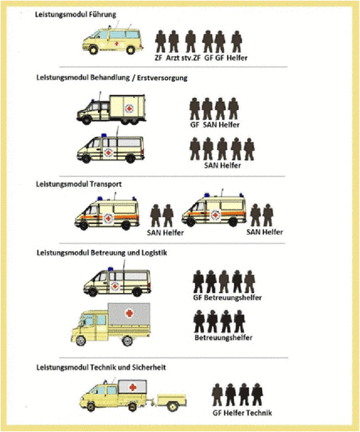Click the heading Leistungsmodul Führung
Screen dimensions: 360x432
point(76,14)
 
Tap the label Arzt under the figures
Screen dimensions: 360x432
point(172,58)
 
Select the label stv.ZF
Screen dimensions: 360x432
point(191,58)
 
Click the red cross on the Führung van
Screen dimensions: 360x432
point(117,43)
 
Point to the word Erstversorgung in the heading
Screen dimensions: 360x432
point(162,78)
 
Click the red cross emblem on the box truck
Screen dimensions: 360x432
point(129,108)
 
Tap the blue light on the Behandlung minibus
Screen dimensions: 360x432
point(104,135)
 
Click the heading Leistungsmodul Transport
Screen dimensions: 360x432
point(78,184)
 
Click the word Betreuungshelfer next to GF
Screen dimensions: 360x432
point(233,297)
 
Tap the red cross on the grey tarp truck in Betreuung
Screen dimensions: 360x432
point(129,313)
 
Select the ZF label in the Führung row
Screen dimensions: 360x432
point(158,58)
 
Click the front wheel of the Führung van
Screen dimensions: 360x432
point(93,50)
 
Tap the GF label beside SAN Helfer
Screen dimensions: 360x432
point(194,125)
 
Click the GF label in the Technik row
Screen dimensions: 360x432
point(217,413)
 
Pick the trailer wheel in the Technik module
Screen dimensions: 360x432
point(172,406)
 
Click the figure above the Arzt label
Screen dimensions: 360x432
point(174,41)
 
